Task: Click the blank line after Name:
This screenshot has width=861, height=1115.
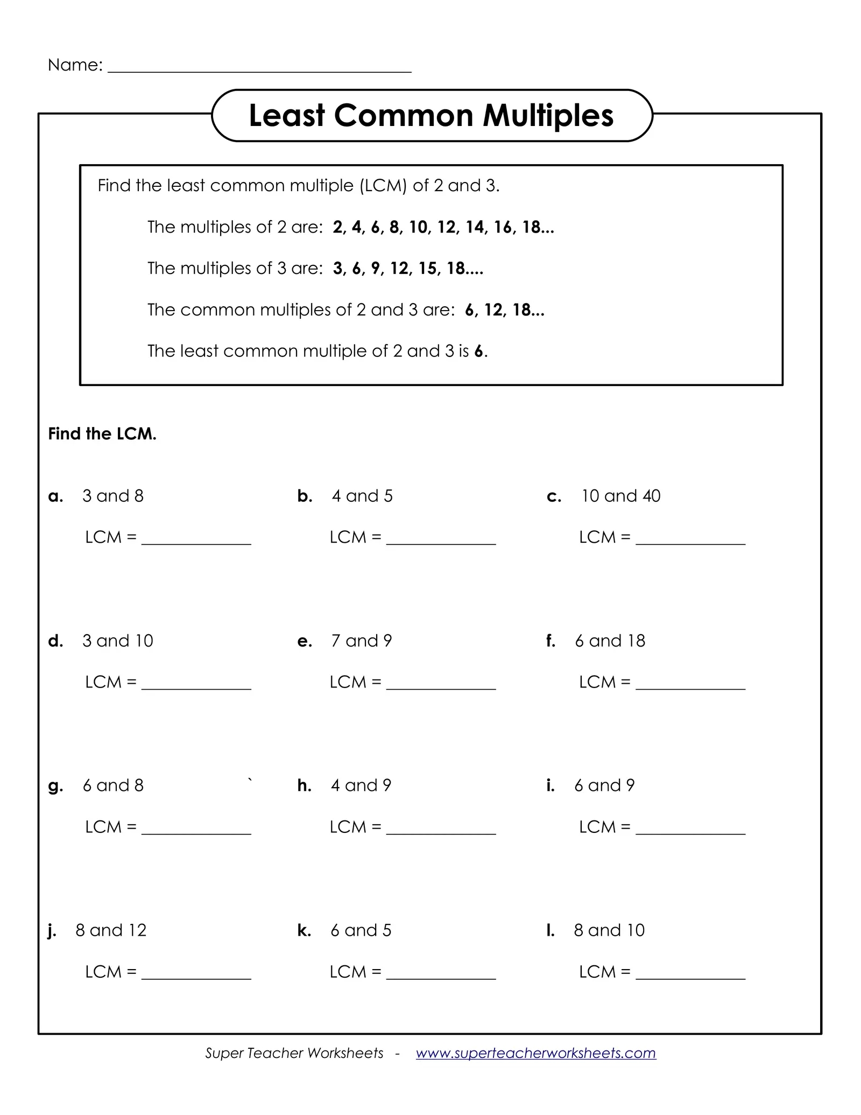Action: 259,69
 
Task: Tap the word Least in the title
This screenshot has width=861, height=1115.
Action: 287,116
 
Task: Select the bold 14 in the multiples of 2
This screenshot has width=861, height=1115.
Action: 475,227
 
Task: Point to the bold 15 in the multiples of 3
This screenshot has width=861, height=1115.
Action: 428,269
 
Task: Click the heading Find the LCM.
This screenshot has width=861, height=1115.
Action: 102,434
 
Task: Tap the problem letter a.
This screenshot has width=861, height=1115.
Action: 55,496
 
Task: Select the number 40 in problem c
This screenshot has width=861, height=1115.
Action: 651,496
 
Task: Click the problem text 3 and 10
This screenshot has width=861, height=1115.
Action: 117,641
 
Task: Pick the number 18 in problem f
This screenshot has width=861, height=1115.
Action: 636,641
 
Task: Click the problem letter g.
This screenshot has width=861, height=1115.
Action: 55,787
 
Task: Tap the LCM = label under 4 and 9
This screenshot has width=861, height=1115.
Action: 355,827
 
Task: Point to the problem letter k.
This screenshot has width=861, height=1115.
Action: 304,930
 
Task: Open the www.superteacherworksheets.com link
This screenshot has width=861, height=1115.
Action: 535,1053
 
